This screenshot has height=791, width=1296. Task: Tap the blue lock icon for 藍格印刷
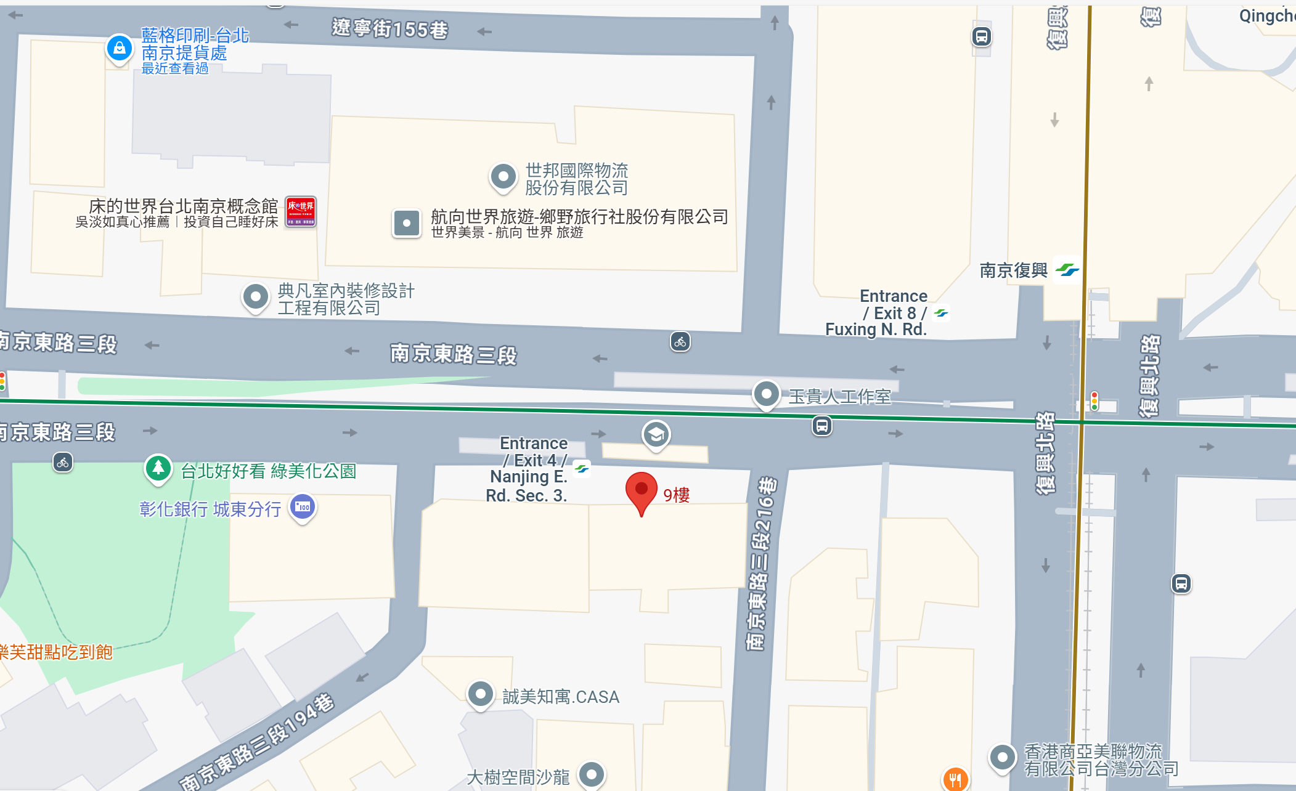coord(120,47)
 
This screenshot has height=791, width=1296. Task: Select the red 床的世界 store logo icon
coord(301,211)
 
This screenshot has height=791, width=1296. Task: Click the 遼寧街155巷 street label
coord(389,28)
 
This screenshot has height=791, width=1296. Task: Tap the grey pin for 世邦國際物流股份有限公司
coord(503,177)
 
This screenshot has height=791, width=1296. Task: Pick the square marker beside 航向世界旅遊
coord(407,223)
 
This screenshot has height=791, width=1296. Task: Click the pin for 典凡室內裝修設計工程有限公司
coord(256,298)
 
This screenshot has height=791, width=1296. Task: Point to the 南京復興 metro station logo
coord(1067,270)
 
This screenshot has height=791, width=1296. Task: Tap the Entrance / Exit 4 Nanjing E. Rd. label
coord(530,469)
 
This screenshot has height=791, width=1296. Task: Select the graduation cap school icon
coord(656,434)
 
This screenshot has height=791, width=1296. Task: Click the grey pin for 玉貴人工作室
coord(767,394)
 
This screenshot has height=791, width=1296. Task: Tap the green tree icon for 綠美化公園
coord(158,468)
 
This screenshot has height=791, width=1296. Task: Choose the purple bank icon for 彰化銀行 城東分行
coord(303,507)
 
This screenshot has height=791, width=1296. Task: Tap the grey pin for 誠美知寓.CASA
coord(480,694)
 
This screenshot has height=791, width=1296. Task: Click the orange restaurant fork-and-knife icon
coord(955,779)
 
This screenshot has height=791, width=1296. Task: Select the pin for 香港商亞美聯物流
coord(1002,757)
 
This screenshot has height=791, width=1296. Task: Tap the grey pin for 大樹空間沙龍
coord(592,774)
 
